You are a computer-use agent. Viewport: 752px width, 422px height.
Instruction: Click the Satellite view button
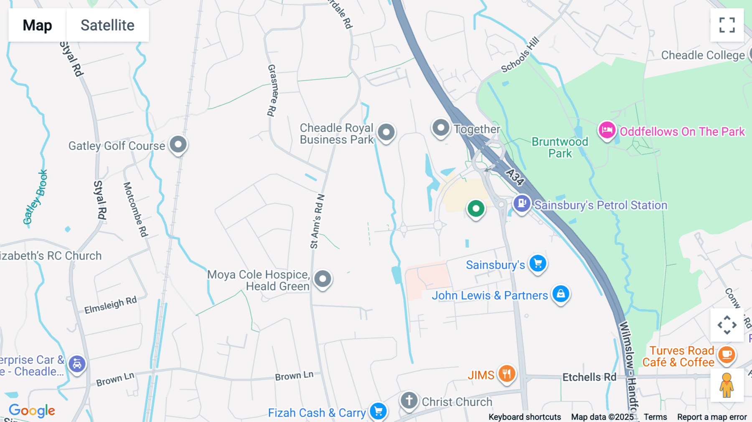click(107, 25)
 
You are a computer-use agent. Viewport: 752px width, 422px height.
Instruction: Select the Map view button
click(37, 25)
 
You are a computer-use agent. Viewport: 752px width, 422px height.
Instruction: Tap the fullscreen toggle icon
click(727, 25)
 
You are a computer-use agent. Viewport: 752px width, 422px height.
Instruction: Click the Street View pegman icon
click(727, 385)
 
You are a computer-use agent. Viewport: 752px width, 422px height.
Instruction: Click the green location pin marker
click(475, 208)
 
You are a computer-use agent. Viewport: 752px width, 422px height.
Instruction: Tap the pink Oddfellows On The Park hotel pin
click(607, 130)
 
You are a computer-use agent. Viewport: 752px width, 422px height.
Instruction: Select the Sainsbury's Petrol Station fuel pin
click(522, 204)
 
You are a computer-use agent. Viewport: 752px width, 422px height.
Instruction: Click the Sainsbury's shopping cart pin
click(538, 264)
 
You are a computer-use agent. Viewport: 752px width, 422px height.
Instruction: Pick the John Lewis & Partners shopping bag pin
click(561, 294)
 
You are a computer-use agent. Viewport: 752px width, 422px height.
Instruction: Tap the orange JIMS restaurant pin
click(506, 374)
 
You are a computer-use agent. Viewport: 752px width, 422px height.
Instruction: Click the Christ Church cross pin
click(409, 400)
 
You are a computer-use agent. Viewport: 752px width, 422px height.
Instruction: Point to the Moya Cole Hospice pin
click(323, 279)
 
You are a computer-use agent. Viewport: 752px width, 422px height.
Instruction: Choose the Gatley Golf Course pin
click(178, 145)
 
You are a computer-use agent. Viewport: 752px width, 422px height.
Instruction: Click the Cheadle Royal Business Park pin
click(386, 132)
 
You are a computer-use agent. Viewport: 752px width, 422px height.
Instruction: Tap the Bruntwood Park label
click(560, 147)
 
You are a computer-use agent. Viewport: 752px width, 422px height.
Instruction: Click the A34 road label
click(515, 177)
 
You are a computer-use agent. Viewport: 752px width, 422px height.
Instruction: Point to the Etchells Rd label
click(589, 377)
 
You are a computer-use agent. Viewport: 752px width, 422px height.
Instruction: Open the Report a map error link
click(712, 417)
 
